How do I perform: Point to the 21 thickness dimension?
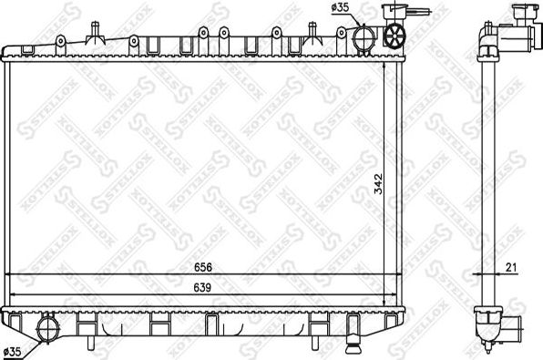510,268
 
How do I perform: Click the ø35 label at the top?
340,8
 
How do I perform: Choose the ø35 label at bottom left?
14,350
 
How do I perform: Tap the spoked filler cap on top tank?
395,36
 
